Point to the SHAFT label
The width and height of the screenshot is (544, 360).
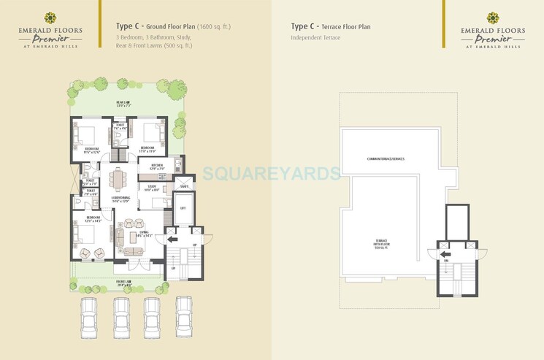184,185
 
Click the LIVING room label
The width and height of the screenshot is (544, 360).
143,233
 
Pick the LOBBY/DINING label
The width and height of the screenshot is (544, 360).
120,199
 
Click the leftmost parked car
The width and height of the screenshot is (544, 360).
88,316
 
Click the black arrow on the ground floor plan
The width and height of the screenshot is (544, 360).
172,238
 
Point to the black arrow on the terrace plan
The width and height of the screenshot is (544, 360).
445,254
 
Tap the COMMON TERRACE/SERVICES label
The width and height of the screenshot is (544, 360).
386,159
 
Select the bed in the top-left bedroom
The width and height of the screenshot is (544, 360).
87,136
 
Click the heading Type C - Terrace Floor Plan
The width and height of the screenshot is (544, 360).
331,27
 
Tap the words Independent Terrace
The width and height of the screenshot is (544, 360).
315,37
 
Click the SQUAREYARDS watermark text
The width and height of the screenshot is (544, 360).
272,174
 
